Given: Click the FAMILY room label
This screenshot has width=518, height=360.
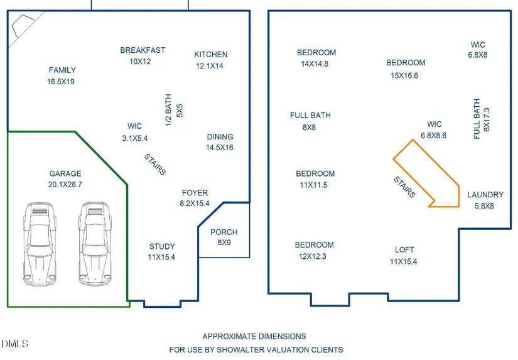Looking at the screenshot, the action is pos(62,70).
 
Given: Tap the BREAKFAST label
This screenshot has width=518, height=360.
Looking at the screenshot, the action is pos(143,50).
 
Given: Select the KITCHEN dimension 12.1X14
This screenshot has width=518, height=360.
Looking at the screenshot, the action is pos(210,66).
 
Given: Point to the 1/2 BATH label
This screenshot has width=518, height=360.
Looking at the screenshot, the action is pos(168,110).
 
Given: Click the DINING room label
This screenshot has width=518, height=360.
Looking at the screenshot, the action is pos(220,137).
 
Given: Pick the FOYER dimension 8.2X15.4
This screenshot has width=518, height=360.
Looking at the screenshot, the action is pos(195,204).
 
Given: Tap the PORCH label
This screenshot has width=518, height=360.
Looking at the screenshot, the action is pos(224,232).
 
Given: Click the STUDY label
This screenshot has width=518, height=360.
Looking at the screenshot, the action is pos(162,247).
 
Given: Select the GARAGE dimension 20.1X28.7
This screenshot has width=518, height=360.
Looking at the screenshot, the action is pos(65,185).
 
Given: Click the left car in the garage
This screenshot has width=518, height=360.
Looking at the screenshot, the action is pos(40,244).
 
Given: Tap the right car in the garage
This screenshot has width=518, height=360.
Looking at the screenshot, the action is pos(95,244).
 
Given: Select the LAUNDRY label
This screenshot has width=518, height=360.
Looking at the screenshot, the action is pos(485,195).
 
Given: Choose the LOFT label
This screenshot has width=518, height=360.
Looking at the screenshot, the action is pos(404,250).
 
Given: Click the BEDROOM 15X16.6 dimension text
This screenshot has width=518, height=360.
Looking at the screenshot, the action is pos(404,75).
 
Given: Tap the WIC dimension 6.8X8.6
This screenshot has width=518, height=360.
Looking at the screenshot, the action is pos(433,136).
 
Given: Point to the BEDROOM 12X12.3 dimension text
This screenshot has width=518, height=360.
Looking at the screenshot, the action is pos(313,256).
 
